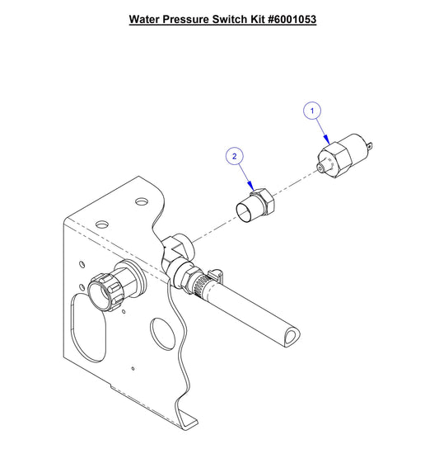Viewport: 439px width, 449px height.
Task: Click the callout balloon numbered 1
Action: click(x=312, y=109)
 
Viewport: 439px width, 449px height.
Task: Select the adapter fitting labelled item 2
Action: click(x=256, y=205)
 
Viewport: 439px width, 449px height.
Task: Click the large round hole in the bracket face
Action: click(x=160, y=335)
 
